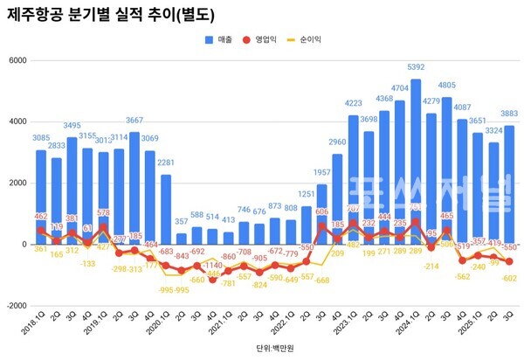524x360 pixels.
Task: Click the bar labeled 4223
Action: pos(354,179)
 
